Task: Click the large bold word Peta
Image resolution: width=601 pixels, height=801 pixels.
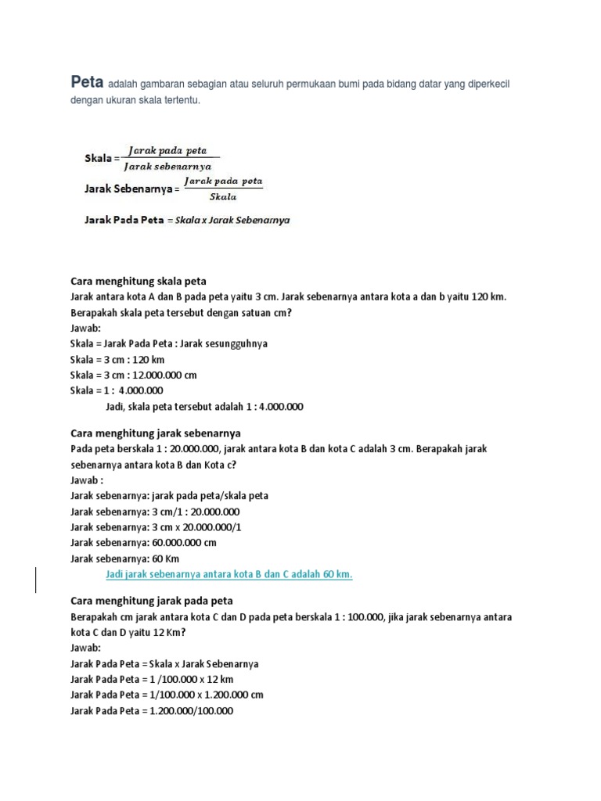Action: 87,81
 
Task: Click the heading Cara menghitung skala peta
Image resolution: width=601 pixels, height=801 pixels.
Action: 139,281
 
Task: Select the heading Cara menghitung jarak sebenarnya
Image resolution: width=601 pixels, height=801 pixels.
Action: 156,433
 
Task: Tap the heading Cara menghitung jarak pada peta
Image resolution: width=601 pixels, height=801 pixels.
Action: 152,601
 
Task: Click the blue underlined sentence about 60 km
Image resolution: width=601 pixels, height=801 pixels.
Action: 229,574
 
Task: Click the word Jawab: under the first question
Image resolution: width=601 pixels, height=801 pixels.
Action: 86,329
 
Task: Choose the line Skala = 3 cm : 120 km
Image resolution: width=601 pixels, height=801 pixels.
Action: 117,359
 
